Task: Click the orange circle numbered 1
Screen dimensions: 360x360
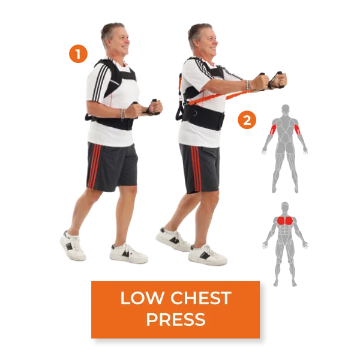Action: (78, 54)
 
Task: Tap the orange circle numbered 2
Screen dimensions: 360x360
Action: (247, 120)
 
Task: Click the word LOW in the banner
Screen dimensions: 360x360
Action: (142, 298)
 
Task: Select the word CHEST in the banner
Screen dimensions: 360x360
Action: (200, 298)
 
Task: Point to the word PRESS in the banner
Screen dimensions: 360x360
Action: (176, 319)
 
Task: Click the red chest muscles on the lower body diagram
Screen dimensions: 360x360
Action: (285, 221)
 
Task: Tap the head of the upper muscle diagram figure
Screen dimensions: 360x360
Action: (286, 109)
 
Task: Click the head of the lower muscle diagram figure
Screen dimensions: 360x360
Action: (284, 206)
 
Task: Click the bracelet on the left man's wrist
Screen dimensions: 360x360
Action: (122, 114)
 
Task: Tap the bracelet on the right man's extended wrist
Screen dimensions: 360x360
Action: (247, 85)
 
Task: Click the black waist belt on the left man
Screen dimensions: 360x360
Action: (110, 122)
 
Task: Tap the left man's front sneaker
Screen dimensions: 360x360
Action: (128, 253)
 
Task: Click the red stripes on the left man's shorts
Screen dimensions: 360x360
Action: (94, 166)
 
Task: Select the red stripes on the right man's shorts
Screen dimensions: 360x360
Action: (196, 168)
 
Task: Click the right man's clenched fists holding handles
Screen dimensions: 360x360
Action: (271, 80)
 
